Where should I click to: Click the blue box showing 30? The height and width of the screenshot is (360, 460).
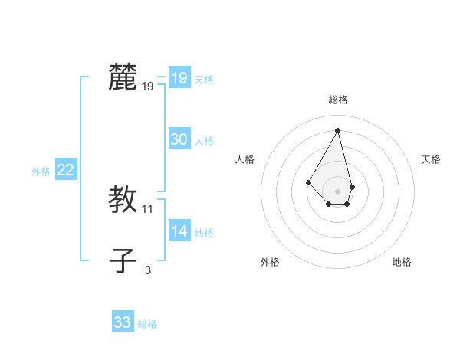coord(179,139)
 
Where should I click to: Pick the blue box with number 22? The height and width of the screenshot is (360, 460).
coord(65,171)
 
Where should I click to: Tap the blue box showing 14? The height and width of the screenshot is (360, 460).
coord(179,231)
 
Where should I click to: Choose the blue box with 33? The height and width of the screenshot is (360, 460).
coord(123,322)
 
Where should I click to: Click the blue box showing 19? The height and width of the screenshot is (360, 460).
coord(179,78)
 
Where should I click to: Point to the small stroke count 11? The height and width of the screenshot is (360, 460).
coord(148,209)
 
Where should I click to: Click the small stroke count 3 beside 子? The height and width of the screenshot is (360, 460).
coord(148,270)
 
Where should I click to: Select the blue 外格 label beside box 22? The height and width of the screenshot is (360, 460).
coord(41,172)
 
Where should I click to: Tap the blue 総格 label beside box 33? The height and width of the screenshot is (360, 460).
coord(147,324)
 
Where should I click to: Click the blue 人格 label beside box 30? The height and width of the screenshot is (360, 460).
coord(204,141)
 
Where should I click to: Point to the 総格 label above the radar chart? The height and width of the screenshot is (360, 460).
coord(338,100)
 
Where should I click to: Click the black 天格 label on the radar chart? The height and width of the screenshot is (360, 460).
coord(431,159)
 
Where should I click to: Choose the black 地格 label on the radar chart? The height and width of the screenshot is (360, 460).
coord(402,262)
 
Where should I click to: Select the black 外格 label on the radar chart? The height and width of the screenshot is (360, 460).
coord(270,262)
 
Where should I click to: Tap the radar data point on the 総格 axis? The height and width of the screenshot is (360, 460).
coord(338,130)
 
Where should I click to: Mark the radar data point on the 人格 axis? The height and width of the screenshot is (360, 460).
coord(308,182)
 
